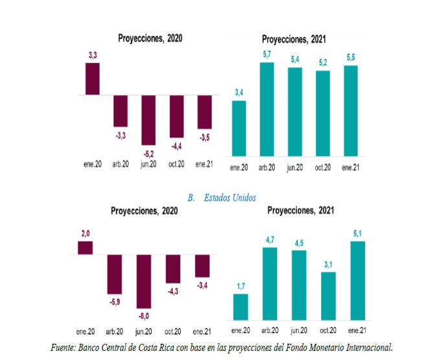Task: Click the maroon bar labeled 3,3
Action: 93,79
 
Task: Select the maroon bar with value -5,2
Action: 148,120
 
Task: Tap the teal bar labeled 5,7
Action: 267,109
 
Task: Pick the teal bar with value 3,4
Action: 239,128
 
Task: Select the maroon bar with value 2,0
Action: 85,247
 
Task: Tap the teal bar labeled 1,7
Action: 241,306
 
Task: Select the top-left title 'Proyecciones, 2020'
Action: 150,38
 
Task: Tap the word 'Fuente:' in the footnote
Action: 63,348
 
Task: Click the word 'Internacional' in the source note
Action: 367,348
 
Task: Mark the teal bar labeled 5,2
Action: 323,113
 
